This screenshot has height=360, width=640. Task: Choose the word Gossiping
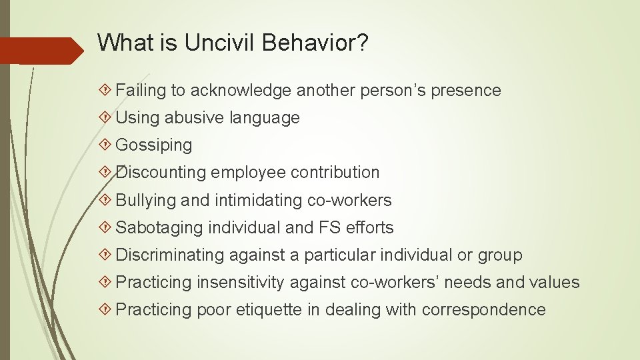pos(154,145)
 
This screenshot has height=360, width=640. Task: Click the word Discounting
pos(161,173)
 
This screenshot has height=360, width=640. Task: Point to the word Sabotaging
pos(159,227)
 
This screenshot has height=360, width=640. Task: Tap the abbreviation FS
pos(329,227)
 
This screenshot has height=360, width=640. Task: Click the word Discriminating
pos(170,255)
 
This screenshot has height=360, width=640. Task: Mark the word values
pos(555,283)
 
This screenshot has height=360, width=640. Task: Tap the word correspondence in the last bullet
pos(483,310)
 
